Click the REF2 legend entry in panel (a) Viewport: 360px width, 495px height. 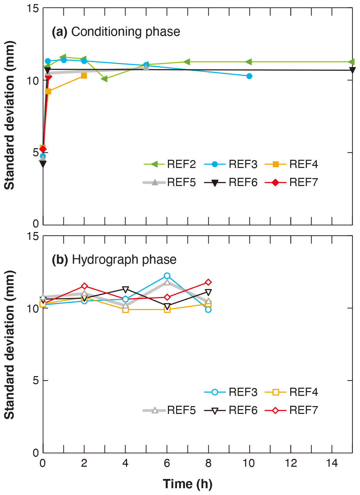click(x=170, y=164)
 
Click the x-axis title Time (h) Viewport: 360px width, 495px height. click(x=188, y=484)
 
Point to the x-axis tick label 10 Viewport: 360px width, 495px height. click(x=249, y=463)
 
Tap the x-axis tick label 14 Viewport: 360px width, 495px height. click(x=332, y=463)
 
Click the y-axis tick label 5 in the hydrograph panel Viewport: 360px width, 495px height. click(x=36, y=381)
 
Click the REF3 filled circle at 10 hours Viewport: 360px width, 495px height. click(x=249, y=76)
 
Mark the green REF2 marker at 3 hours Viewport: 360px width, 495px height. click(x=105, y=79)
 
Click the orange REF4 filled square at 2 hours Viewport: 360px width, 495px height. click(x=84, y=76)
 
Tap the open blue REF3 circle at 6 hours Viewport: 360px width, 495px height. click(x=167, y=276)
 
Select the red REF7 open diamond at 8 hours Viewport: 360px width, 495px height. click(x=208, y=282)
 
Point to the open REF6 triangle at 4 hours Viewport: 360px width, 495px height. click(x=125, y=290)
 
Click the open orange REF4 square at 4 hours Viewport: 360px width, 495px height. click(x=125, y=310)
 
